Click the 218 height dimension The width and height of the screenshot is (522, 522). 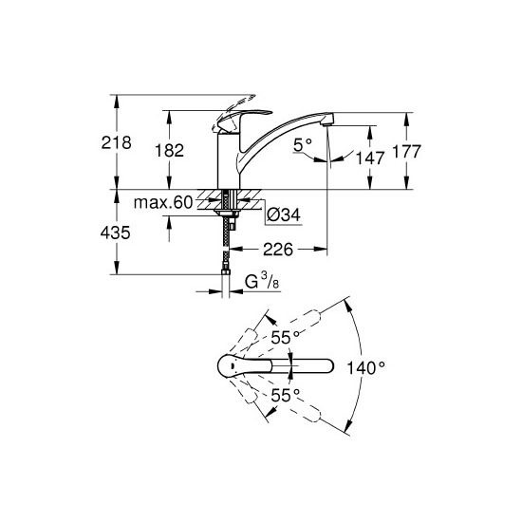tap(116, 142)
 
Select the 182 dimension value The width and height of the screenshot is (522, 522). tap(170, 151)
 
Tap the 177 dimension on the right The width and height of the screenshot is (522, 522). tap(407, 152)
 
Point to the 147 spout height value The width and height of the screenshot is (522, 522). tap(370, 158)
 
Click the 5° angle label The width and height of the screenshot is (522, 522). tap(303, 145)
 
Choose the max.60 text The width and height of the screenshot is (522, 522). tap(163, 202)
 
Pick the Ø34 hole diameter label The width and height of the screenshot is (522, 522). tap(284, 214)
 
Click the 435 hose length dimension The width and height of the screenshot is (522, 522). tap(115, 233)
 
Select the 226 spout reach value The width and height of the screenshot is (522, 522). tap(278, 250)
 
